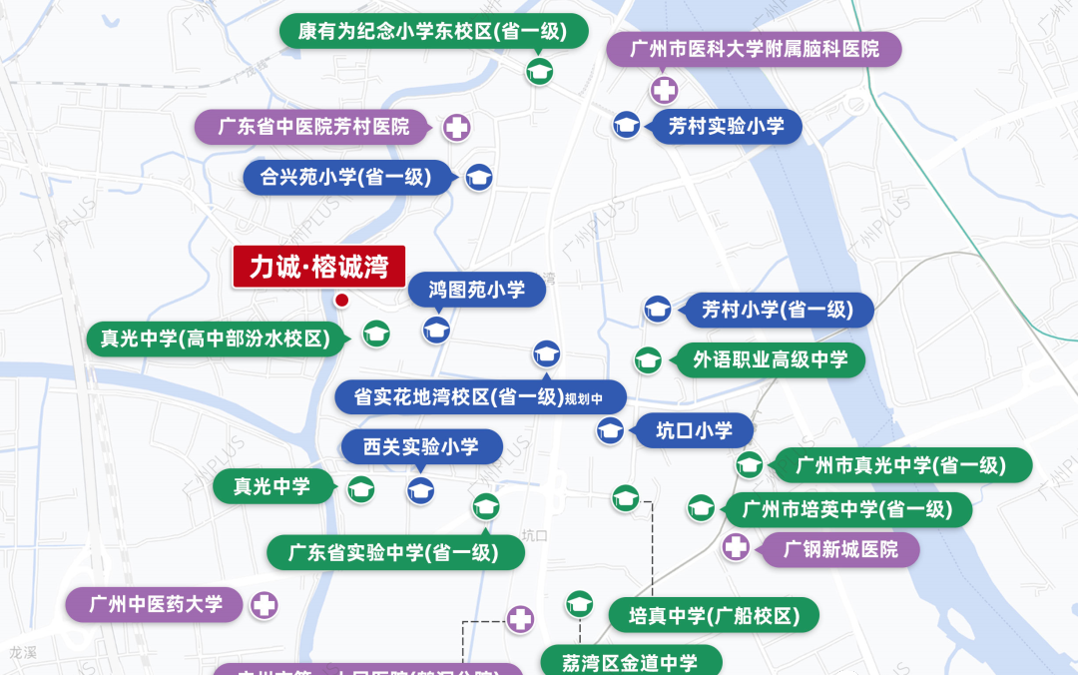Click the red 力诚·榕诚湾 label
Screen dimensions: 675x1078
click(319, 267)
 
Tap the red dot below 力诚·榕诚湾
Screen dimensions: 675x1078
click(341, 300)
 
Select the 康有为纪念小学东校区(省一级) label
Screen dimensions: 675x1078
click(432, 32)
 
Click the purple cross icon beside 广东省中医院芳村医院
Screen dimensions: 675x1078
click(456, 127)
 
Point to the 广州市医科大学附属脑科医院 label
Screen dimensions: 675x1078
click(755, 49)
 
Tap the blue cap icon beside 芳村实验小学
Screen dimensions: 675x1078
click(627, 125)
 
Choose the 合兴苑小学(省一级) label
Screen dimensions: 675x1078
click(345, 178)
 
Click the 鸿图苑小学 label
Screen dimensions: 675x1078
click(477, 291)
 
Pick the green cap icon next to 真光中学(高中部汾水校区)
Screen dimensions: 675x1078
click(376, 335)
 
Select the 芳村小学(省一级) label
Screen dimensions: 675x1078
click(777, 310)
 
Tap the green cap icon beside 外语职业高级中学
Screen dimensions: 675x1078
click(648, 360)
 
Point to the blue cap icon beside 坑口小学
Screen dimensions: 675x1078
click(611, 431)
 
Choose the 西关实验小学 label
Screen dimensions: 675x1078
click(420, 446)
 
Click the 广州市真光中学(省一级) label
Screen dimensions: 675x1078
click(900, 464)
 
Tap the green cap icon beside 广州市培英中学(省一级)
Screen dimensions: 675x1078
click(701, 508)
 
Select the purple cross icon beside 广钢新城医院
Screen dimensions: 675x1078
click(736, 547)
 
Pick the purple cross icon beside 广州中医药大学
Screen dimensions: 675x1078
click(264, 604)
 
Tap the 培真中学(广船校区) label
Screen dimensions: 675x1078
click(714, 616)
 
